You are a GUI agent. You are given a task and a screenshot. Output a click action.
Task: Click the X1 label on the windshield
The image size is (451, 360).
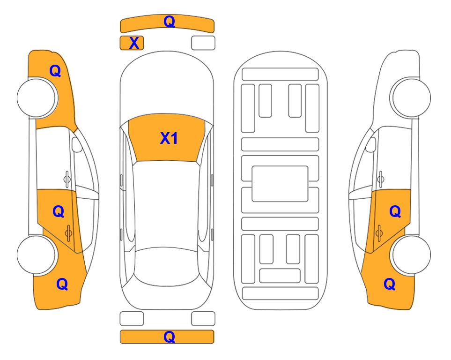tap(169, 138)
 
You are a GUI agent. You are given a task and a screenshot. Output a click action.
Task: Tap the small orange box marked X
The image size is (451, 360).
tap(132, 43)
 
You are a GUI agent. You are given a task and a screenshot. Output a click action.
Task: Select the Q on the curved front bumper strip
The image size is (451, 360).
tap(170, 22)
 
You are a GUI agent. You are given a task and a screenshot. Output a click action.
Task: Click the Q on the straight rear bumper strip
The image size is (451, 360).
tap(170, 337)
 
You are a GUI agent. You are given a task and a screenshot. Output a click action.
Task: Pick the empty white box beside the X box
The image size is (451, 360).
tap(203, 43)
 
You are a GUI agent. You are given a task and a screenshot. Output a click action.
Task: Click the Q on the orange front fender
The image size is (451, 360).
tap(55, 71)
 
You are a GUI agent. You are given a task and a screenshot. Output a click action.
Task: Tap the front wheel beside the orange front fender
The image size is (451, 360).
tap(37, 97)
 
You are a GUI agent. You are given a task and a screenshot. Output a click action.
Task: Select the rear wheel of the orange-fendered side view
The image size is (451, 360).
tap(37, 255)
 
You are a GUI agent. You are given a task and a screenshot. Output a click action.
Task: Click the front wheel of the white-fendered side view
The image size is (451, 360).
tap(410, 97)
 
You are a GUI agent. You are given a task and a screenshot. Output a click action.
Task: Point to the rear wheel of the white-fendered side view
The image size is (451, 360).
tap(411, 255)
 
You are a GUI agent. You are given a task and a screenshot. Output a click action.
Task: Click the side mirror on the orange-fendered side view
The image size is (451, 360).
tap(76, 144)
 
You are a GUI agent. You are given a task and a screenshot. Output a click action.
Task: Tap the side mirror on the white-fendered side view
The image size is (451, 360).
tap(370, 144)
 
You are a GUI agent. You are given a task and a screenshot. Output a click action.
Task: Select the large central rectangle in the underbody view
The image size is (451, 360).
tap(280, 184)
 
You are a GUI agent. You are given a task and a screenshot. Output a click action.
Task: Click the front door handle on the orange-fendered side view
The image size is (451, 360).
tap(67, 179)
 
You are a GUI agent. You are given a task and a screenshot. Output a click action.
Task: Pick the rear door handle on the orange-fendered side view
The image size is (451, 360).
tap(68, 232)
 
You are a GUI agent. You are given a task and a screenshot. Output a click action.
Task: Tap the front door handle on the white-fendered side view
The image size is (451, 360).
tap(381, 179)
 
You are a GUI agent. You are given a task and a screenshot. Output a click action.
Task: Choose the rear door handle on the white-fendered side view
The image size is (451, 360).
tap(379, 232)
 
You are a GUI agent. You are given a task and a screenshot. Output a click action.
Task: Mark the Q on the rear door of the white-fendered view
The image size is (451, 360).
tap(395, 212)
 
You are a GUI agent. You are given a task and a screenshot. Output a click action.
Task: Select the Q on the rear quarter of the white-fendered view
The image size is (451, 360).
tap(390, 284)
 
